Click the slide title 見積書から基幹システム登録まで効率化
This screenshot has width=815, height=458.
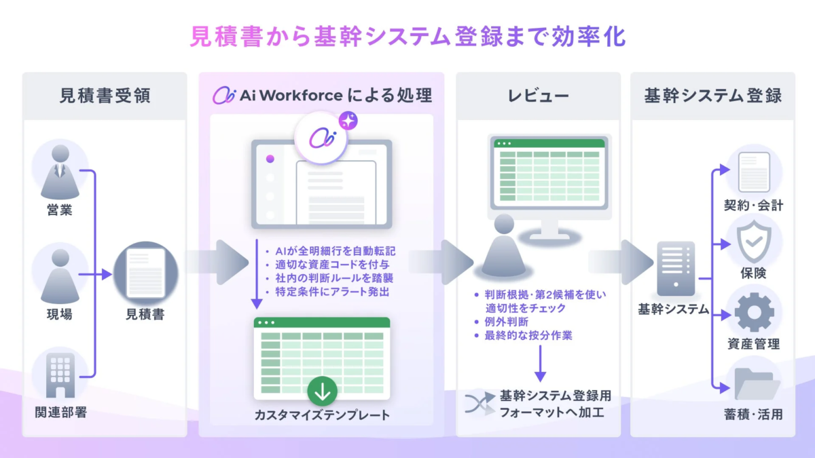point(407,36)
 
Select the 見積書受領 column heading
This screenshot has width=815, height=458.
point(105,96)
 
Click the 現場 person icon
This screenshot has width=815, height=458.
point(60,275)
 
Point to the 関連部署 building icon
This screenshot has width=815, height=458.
point(60,375)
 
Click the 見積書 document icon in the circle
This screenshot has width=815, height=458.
point(144,275)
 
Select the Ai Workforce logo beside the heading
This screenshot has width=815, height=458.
point(223,96)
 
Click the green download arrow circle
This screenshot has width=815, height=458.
point(322,392)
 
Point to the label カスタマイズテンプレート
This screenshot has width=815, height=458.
point(322,415)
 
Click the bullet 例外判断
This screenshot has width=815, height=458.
point(503,322)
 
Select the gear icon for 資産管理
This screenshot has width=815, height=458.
point(754,314)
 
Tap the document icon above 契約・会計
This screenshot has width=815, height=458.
point(754,171)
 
